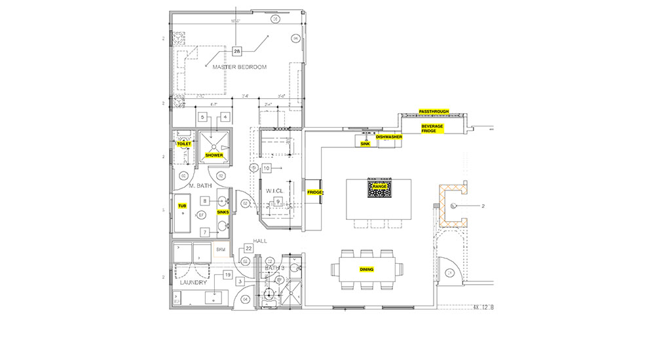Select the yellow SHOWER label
click(x=214, y=155)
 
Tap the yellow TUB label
click(x=182, y=206)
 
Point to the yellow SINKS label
click(x=222, y=212)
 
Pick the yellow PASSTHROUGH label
click(x=434, y=111)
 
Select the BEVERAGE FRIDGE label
click(x=432, y=128)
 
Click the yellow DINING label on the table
click(x=367, y=270)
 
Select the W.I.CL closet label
click(x=273, y=190)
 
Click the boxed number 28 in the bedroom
click(x=236, y=50)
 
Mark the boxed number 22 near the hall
click(x=249, y=249)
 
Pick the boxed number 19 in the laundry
click(x=228, y=276)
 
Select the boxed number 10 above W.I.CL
click(x=267, y=168)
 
